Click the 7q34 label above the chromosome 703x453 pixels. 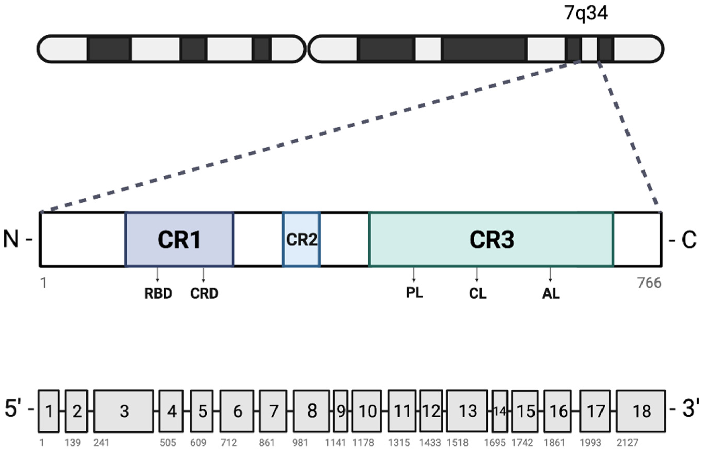[x=585, y=13]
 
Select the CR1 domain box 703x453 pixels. [x=179, y=239]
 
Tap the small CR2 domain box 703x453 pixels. [x=301, y=239]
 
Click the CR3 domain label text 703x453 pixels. [x=492, y=240]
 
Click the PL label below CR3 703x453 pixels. [x=414, y=292]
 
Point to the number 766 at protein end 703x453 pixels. [x=649, y=283]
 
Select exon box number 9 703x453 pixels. [x=341, y=411]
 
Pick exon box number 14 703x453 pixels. [x=500, y=411]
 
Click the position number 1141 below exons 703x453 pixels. [x=335, y=443]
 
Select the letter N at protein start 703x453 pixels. [x=11, y=239]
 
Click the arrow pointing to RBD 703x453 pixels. [x=157, y=275]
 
